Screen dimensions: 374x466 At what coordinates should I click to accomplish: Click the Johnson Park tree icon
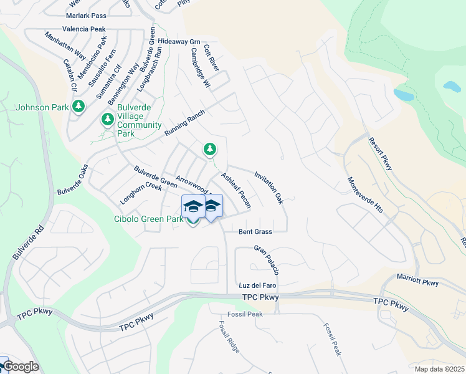(78, 107)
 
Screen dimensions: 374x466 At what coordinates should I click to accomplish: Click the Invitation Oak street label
(269, 189)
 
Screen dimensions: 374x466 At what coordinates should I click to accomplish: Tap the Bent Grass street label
(255, 231)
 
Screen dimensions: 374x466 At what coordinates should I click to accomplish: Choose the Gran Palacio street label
(266, 260)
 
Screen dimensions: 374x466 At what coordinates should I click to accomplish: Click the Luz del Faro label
(257, 285)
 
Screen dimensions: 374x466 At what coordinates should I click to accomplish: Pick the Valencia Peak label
(83, 29)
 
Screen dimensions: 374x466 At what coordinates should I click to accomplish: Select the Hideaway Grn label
(179, 41)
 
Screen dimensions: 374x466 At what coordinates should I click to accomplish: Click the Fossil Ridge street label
(229, 337)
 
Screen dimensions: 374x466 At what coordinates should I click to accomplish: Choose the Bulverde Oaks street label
(74, 179)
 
